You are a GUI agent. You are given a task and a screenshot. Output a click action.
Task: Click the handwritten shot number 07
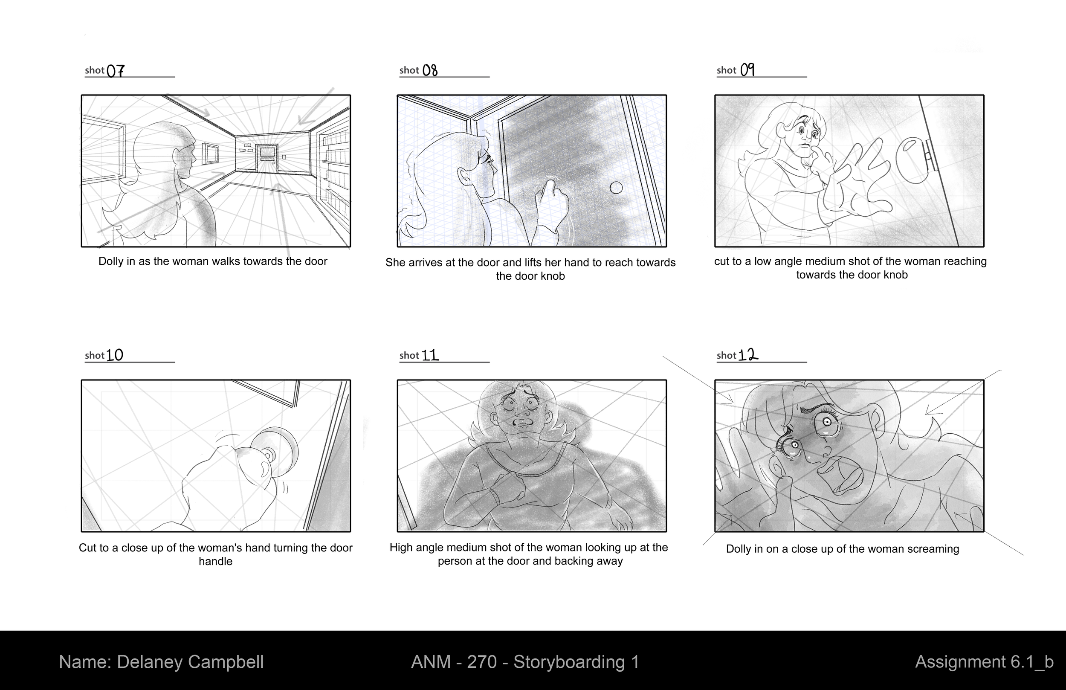click(116, 70)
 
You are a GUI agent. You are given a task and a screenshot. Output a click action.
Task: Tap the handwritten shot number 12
click(747, 355)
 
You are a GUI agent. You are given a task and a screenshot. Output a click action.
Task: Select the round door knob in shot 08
click(616, 188)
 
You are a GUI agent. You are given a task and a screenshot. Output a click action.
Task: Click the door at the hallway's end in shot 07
click(266, 158)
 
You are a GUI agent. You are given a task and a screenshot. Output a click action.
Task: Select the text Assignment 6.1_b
click(984, 662)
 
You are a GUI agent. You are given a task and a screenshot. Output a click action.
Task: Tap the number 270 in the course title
click(482, 662)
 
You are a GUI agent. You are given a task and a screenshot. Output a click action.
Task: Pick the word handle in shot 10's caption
click(215, 561)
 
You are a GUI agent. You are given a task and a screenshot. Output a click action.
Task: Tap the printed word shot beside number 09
click(726, 70)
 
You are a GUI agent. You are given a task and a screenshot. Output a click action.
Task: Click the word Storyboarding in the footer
click(569, 662)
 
